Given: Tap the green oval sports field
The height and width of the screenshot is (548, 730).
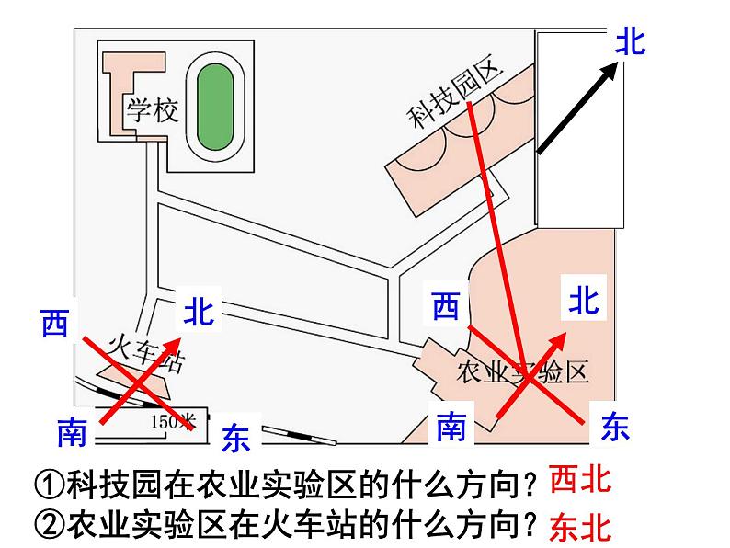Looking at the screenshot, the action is point(215,104).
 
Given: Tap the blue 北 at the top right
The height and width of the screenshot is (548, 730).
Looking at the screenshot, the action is point(631,41).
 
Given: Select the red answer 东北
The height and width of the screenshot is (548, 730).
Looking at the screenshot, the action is point(579,527).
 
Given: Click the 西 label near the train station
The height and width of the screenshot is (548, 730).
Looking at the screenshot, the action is point(55,323).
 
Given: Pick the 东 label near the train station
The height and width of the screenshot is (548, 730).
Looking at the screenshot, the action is point(236,437).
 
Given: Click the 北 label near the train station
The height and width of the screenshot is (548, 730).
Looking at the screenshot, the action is point(199,311).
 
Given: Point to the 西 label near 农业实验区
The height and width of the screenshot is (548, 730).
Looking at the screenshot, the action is point(446,305).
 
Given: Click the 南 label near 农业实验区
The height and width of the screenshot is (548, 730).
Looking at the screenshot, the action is point(451,427).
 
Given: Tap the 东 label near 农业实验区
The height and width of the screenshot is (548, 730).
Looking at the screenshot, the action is point(614,426).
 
